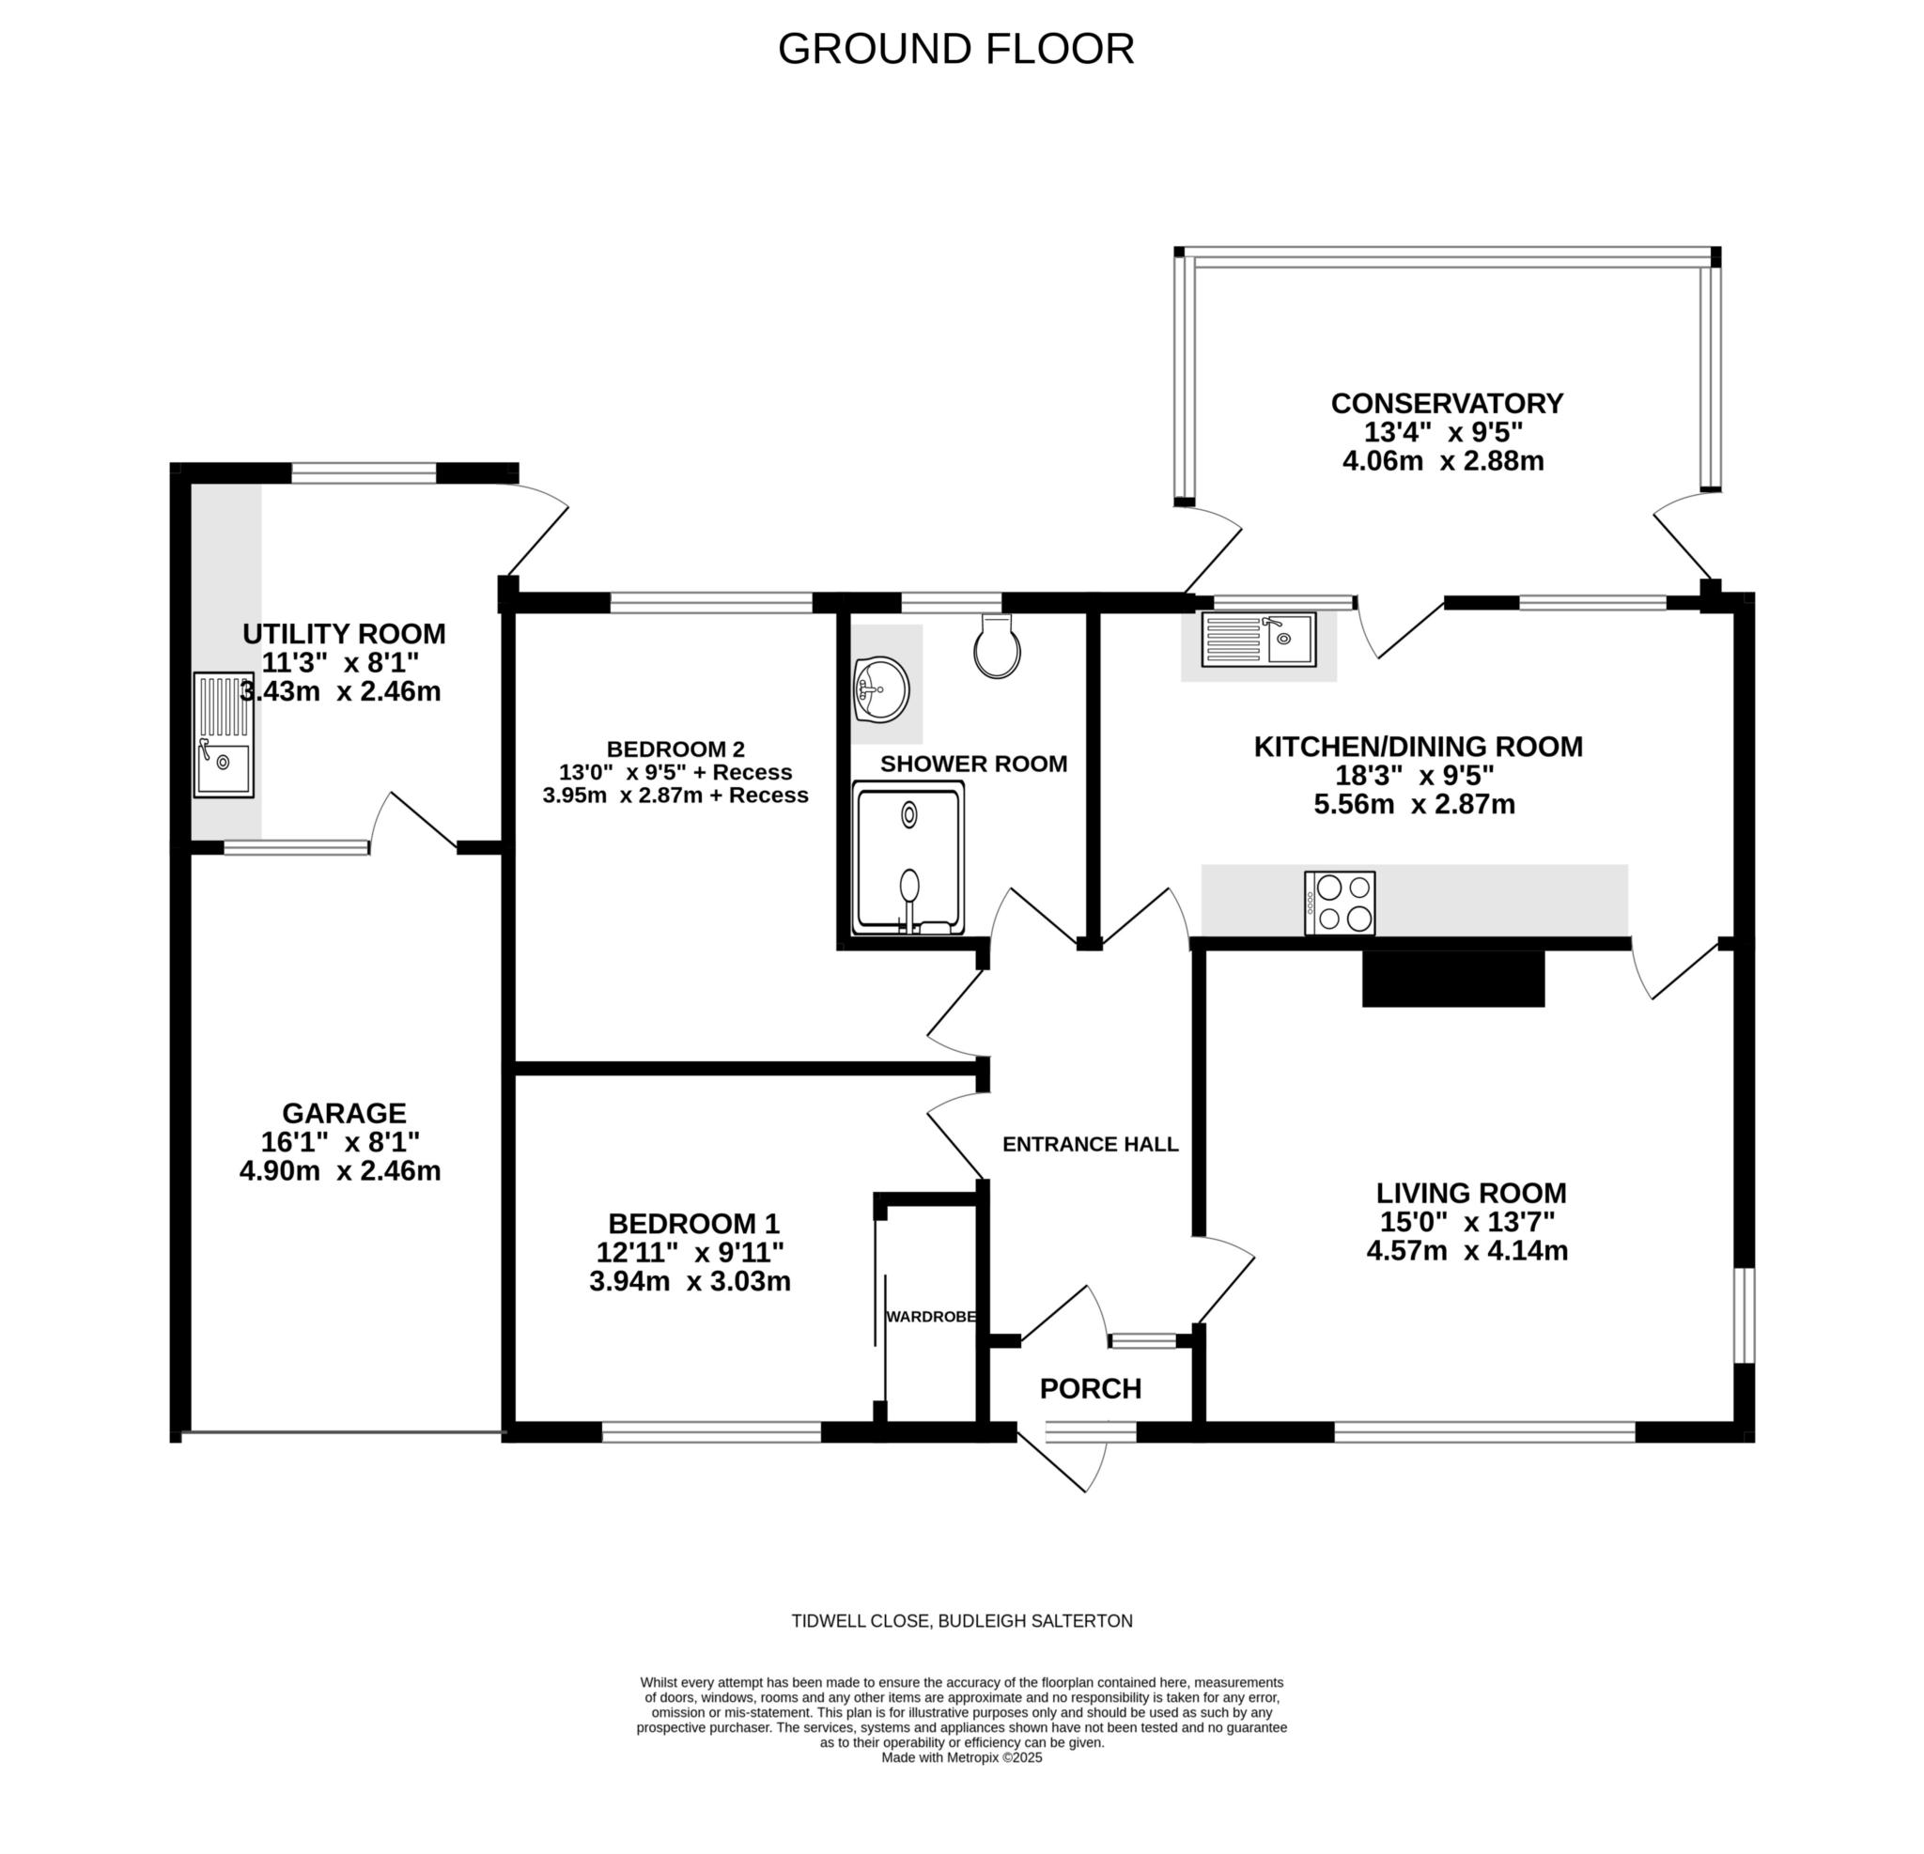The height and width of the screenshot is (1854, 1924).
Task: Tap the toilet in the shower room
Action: coord(997,647)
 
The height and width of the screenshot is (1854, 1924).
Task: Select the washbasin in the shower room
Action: coord(881,690)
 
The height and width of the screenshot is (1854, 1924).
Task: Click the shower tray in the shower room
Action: coord(908,857)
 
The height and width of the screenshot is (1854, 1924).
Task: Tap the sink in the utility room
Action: coord(223,735)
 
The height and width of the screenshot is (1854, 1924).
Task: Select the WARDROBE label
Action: coord(931,1317)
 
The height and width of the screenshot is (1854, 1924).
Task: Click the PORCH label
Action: coord(1091,1389)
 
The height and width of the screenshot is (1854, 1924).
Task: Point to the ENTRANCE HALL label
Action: coord(1091,1144)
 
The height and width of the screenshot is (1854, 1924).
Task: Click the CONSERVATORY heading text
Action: coord(1447,403)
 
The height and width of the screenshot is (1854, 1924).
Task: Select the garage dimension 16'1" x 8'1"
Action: coord(341,1141)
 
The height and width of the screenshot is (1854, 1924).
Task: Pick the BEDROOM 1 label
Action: coord(694,1224)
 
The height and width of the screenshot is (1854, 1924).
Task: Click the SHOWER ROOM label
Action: coord(974,764)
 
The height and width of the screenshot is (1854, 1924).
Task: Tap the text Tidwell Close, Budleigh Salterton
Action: coord(962,1621)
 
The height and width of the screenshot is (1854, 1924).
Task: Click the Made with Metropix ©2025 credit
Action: coord(962,1758)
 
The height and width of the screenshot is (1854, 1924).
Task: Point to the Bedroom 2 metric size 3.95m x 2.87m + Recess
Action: coord(675,795)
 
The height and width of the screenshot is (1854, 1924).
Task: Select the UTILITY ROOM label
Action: coord(345,634)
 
